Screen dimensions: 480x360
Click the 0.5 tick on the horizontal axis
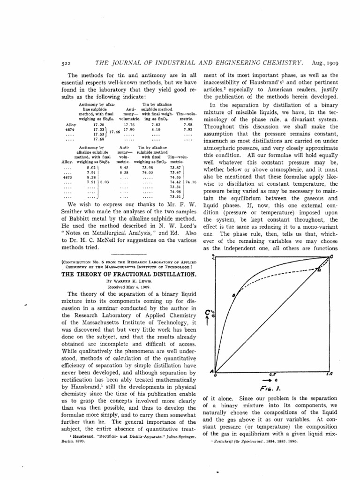(272, 374)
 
